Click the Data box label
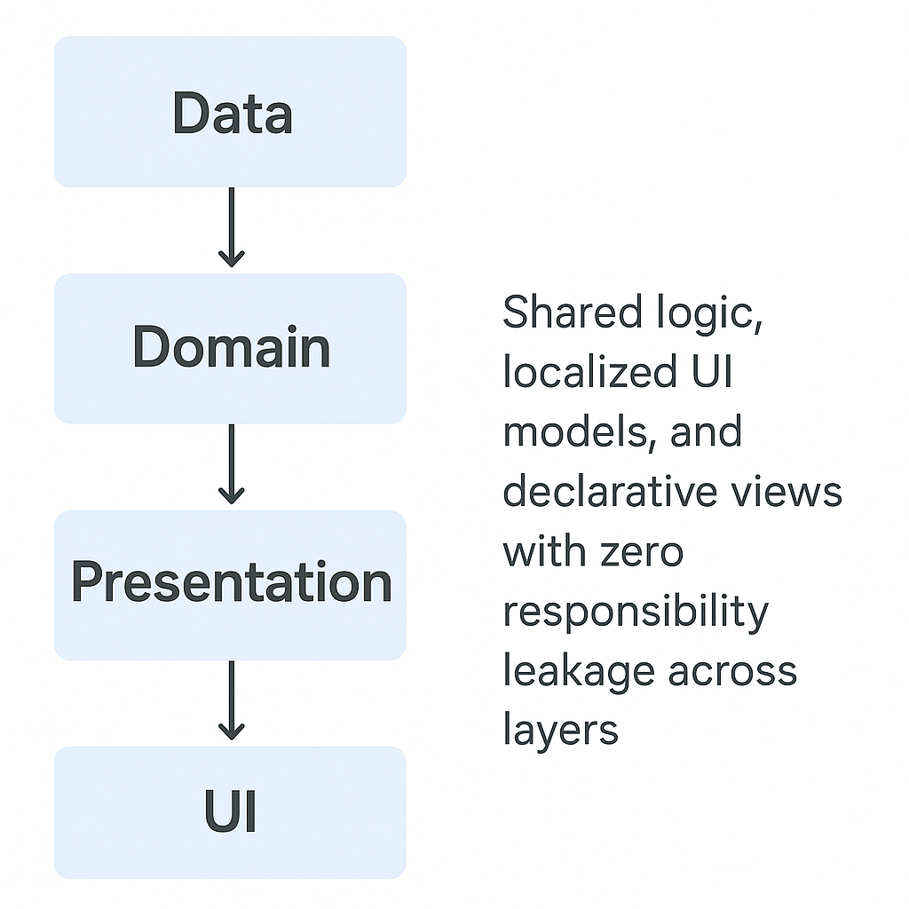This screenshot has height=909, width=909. (x=232, y=114)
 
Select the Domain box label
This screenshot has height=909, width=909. (x=231, y=347)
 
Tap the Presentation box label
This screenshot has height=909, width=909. (x=231, y=583)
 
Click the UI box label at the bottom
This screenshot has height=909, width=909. (x=231, y=813)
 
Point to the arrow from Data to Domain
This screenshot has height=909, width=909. (x=231, y=228)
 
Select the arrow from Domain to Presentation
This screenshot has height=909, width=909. (x=231, y=464)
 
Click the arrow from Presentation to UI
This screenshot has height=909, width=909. (x=231, y=700)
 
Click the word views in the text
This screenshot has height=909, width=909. (x=794, y=492)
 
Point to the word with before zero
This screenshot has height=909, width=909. (x=541, y=551)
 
